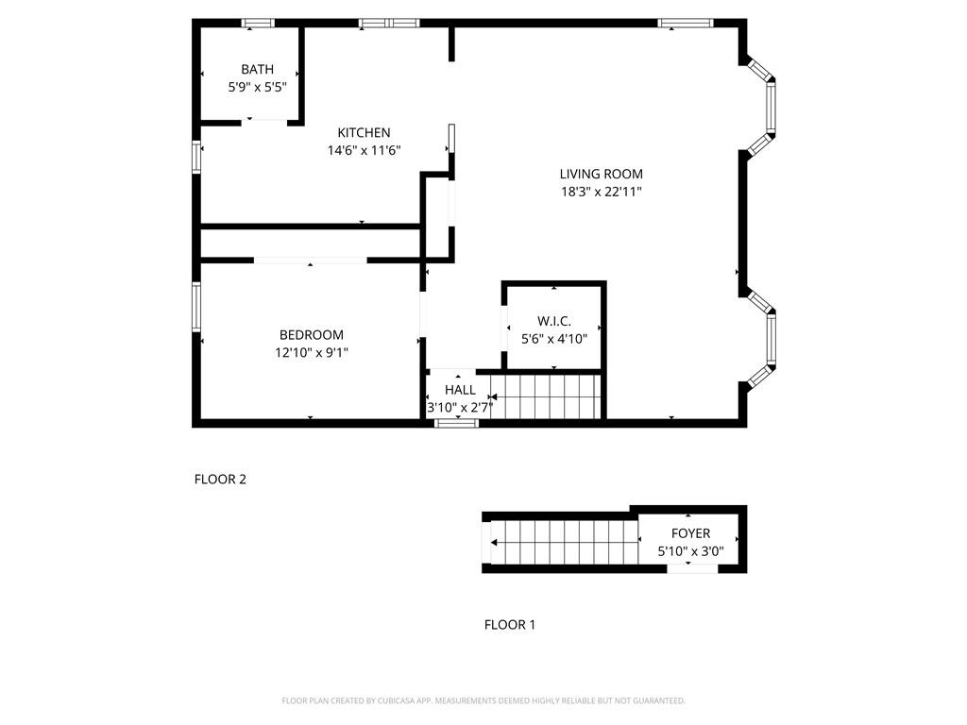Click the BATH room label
(x=257, y=69)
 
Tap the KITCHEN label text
(x=364, y=132)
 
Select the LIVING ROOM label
(x=602, y=174)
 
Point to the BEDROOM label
(x=312, y=335)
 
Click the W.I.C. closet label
(x=553, y=321)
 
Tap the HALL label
(x=460, y=390)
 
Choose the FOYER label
(x=690, y=533)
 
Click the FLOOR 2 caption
(x=220, y=479)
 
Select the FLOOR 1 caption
(x=509, y=625)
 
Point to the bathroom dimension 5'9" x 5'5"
(x=257, y=87)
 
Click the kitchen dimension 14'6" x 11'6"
(x=364, y=150)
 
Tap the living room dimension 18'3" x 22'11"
(x=602, y=192)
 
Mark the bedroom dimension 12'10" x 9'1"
(x=312, y=353)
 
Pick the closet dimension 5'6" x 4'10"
(x=553, y=339)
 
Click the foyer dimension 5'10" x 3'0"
(x=690, y=551)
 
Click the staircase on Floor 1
(x=565, y=543)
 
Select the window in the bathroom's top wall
(x=257, y=24)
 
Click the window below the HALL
(x=456, y=423)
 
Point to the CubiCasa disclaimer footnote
(x=483, y=700)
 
